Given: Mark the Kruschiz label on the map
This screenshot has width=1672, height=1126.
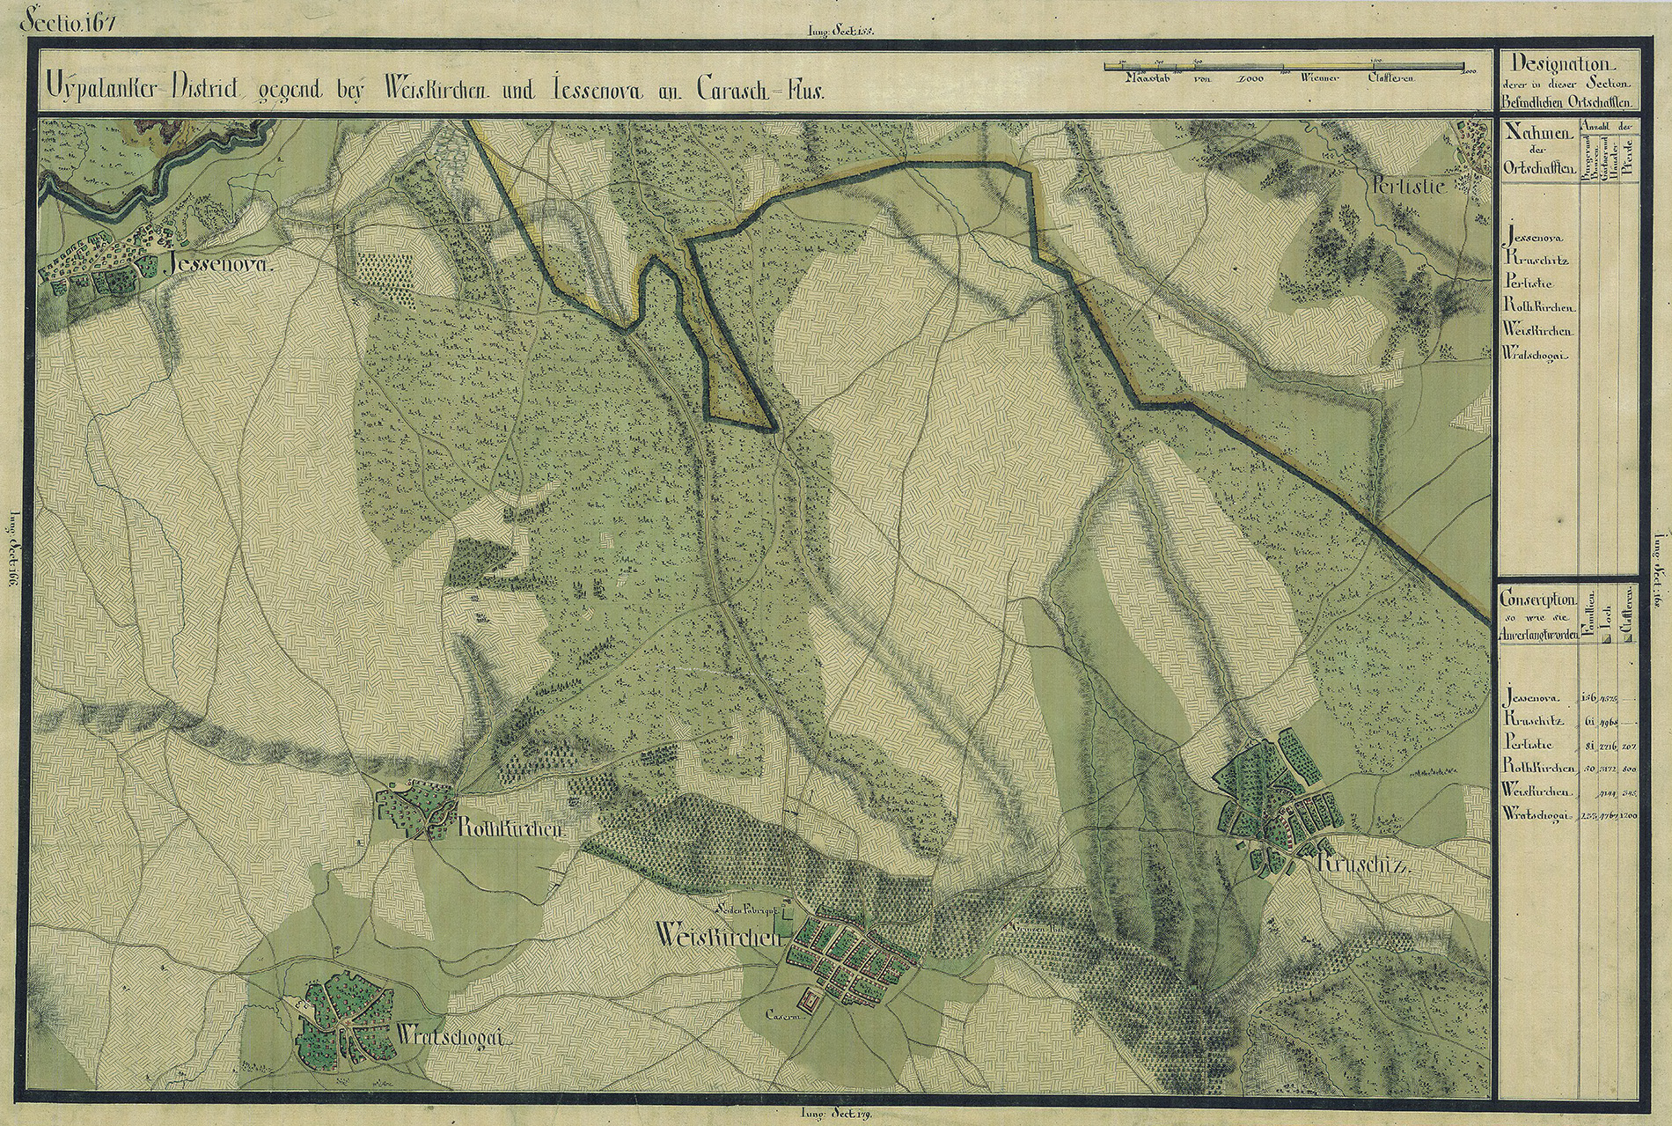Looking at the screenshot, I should (x=1364, y=865).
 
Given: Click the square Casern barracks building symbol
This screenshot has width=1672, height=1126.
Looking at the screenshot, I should (x=807, y=999).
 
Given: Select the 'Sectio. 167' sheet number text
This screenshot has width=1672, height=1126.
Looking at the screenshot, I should (x=65, y=18).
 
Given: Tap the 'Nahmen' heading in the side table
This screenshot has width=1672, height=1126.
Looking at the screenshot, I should (x=1537, y=133).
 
